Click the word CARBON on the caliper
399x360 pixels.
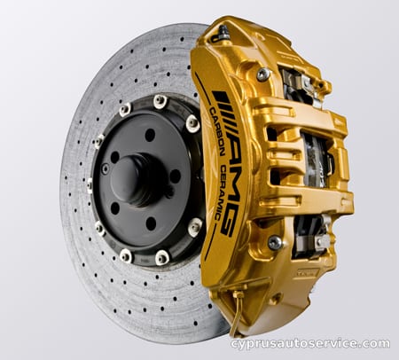tap(216, 131)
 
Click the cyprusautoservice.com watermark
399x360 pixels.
tap(310, 343)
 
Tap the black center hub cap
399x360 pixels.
tap(135, 179)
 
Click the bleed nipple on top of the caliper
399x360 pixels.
tap(223, 32)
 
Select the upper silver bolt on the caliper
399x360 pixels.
tap(262, 74)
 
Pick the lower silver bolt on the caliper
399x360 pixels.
tap(275, 242)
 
